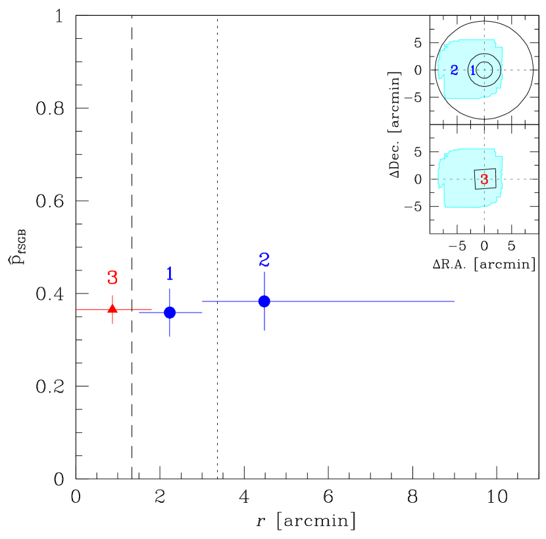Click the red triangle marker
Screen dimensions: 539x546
[112, 308]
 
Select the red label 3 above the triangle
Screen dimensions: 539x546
[112, 278]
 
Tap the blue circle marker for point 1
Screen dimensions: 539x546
[170, 312]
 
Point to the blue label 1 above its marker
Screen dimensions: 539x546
[170, 274]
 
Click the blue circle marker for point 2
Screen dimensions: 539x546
[264, 301]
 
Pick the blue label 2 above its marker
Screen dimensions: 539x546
[264, 260]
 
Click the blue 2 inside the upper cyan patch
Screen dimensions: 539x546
[454, 70]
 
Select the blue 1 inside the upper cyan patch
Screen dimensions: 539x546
[472, 70]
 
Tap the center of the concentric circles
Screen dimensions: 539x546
[484, 70]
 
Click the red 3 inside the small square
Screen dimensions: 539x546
[484, 179]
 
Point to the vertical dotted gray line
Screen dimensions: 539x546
[484, 125]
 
